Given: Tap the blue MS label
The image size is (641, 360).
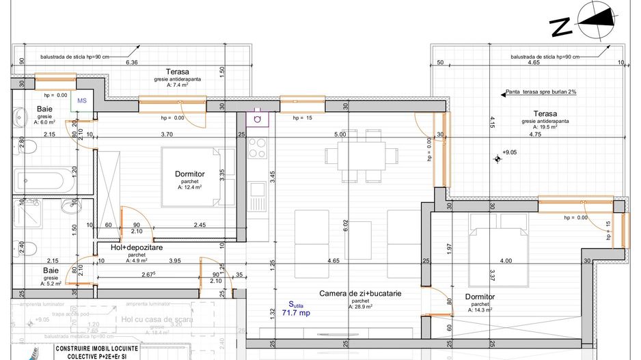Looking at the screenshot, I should pos(82,100).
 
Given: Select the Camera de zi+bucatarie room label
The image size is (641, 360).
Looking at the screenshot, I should pos(359,294).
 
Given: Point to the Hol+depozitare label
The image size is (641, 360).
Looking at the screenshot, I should pos(137,248).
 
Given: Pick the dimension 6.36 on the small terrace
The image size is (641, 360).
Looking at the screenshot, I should pos(133,62).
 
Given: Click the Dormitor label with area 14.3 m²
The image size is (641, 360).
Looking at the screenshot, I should pos(480,297).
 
